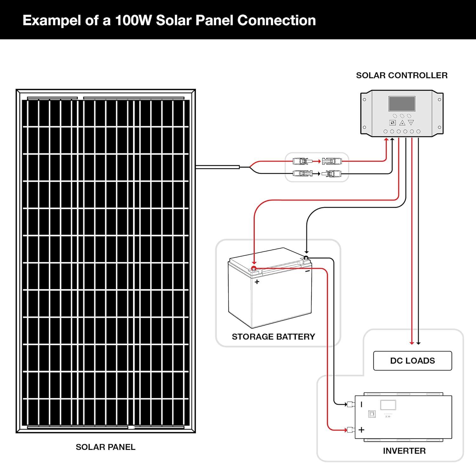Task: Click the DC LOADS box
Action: tap(412, 361)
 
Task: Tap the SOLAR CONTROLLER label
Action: tap(401, 75)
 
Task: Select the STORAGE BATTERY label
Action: tap(273, 336)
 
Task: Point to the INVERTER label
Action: tap(404, 451)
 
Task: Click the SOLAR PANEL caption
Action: tap(105, 447)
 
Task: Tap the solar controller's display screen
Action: tap(402, 104)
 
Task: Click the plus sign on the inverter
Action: tap(361, 430)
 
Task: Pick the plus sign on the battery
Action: tap(257, 282)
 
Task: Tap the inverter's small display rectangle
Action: tap(388, 405)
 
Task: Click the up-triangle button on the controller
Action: tap(402, 123)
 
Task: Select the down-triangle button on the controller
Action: tap(411, 123)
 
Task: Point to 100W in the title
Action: tap(133, 20)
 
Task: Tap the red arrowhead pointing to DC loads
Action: tap(412, 343)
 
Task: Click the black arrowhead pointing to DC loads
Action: tap(418, 343)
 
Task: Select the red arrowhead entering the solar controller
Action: tap(386, 140)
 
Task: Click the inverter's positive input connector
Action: tap(350, 430)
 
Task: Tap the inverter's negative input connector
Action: tap(350, 404)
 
